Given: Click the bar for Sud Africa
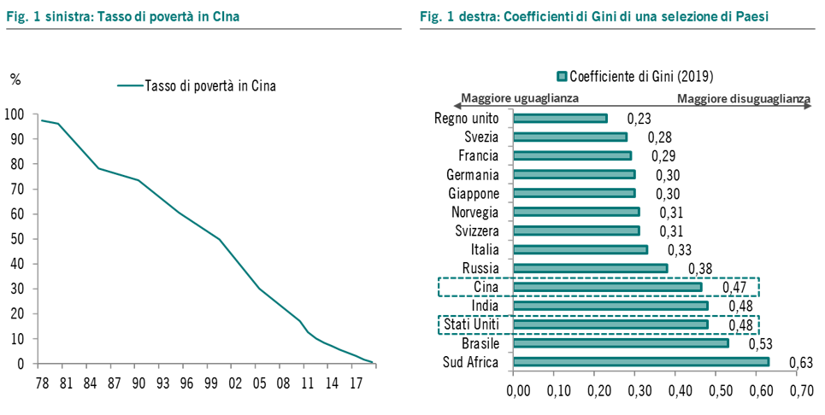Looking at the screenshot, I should (641, 361).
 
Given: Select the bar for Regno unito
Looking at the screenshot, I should (560, 119).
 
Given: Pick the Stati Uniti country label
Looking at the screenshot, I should (472, 324).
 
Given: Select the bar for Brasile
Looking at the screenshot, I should (621, 343).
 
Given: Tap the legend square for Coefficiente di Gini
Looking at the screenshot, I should (562, 75).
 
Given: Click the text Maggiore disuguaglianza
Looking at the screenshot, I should (742, 99).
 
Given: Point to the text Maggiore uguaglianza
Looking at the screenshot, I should (520, 98).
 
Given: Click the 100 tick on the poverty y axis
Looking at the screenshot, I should (15, 114).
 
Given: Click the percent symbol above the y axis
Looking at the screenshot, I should (15, 79).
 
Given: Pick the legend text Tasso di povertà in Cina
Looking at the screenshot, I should (210, 85).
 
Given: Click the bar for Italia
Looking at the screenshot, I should (580, 249).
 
